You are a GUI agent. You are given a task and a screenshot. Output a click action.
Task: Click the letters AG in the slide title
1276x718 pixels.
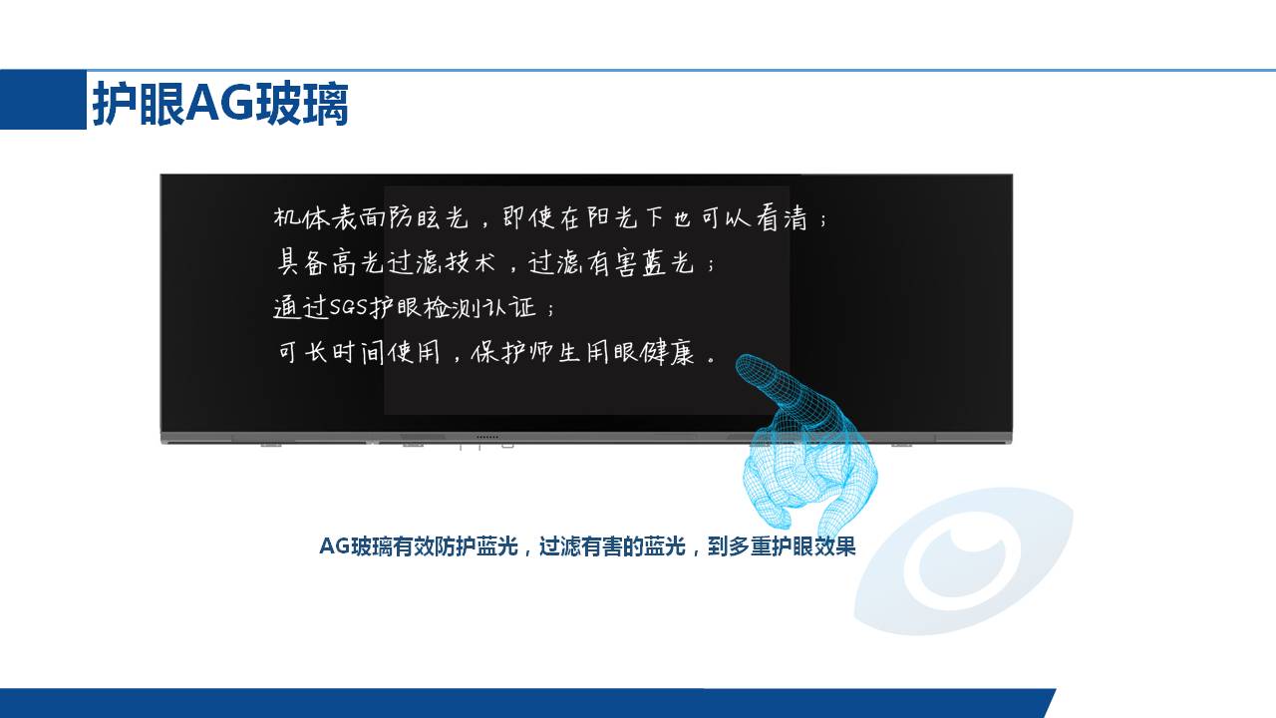point(220,103)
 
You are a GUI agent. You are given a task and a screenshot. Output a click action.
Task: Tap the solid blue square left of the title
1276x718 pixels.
point(43,100)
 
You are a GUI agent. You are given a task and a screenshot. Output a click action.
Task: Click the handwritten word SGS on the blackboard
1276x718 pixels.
point(348,307)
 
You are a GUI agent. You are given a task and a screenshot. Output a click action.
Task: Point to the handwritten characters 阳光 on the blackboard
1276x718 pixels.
point(612,217)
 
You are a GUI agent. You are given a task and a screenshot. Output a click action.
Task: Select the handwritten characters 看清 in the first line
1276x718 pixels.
point(783,217)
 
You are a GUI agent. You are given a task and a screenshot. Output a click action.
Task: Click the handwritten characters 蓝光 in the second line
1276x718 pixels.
point(668,262)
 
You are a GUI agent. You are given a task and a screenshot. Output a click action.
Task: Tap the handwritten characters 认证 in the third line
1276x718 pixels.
point(509,308)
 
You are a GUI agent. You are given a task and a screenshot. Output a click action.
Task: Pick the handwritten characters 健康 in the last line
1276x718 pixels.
point(667,353)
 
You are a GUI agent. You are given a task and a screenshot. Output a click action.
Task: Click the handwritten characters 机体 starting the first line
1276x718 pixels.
point(302,217)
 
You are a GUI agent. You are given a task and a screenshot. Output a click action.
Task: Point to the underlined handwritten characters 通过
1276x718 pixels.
point(301,308)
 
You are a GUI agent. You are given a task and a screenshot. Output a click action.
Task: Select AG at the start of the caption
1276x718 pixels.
point(334,545)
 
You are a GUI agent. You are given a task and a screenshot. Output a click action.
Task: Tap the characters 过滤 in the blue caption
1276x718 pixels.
point(560,545)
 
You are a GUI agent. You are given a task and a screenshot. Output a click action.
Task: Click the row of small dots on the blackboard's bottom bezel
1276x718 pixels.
point(487,437)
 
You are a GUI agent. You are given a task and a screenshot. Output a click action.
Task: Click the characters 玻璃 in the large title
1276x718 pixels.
point(301,103)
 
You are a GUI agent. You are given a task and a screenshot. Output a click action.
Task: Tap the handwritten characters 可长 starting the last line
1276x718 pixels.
point(302,353)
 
